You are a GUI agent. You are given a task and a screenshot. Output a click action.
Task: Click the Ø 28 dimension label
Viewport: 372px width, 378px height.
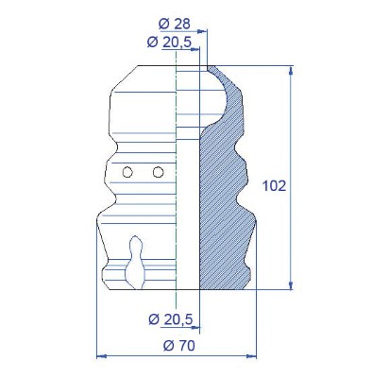(x=175, y=24)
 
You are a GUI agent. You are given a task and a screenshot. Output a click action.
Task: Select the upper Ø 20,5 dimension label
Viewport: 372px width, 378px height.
(x=169, y=43)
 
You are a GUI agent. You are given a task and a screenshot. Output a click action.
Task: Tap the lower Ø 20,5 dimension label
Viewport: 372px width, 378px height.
(x=171, y=319)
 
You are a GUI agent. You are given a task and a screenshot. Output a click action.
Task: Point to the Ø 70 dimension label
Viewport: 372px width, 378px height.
(x=179, y=346)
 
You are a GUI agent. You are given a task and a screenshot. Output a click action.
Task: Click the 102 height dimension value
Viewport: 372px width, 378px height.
(x=274, y=186)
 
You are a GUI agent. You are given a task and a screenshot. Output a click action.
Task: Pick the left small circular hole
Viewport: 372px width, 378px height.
(x=127, y=172)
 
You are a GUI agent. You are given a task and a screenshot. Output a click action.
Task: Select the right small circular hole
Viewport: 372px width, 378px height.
(x=158, y=172)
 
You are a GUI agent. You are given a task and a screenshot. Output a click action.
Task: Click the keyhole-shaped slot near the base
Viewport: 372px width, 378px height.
(x=136, y=263)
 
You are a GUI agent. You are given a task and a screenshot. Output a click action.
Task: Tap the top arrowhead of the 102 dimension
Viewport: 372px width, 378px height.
(x=291, y=70)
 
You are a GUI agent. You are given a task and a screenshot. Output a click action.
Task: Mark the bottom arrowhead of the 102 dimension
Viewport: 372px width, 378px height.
(x=291, y=284)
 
